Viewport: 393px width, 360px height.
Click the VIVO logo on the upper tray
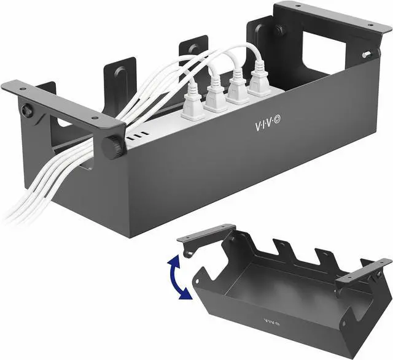point(268,124)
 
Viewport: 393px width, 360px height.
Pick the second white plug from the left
point(216,93)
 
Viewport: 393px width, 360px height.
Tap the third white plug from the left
point(236,86)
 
